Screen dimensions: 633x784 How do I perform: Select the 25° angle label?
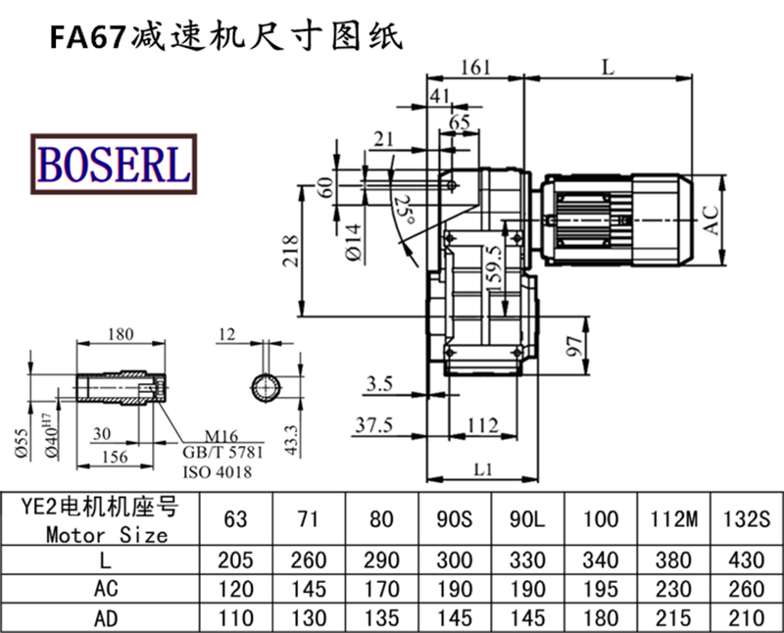[x=401, y=210]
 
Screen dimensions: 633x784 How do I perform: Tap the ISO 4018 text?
[x=218, y=472]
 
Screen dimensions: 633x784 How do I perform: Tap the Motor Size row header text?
[x=107, y=535]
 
